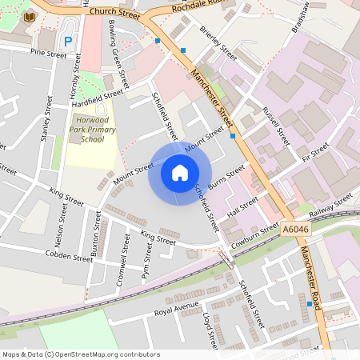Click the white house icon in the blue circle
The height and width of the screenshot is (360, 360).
[x=180, y=173]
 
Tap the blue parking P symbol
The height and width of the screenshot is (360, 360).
[x=68, y=41]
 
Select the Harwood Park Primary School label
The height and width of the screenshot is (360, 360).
[x=92, y=129]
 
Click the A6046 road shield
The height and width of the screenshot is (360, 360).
[x=294, y=229]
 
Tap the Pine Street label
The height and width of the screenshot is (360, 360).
[x=48, y=54]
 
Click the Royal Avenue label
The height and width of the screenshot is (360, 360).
[x=176, y=307]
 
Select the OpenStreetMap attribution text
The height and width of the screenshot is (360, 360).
[x=81, y=354]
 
